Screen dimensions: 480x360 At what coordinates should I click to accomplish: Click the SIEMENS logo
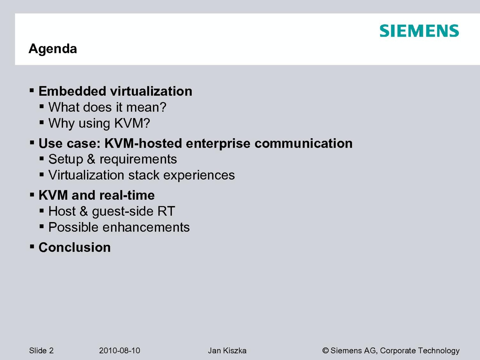(419, 31)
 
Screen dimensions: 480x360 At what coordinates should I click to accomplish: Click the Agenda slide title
(53, 49)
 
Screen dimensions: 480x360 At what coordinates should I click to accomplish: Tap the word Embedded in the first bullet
(72, 91)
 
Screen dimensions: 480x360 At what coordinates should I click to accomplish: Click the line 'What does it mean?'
(107, 107)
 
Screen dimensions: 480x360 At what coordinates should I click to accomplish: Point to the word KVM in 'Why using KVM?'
(129, 123)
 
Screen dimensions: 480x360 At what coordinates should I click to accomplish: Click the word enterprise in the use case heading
(218, 144)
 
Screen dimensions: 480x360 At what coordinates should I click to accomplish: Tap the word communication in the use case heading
(304, 143)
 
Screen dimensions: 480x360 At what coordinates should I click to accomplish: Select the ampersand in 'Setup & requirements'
(91, 159)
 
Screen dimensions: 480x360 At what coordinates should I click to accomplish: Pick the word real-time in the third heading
(124, 195)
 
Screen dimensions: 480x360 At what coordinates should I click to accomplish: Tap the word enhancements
(146, 227)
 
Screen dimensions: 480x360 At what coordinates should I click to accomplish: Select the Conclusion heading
(75, 247)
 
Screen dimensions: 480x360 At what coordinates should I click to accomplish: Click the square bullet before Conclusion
(32, 247)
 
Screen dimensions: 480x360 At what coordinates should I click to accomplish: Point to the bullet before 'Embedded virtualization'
(32, 90)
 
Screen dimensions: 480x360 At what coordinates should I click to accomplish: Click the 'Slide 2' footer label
(41, 351)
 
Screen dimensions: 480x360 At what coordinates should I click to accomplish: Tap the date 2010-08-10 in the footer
(119, 351)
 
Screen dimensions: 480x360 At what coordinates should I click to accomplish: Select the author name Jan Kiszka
(227, 351)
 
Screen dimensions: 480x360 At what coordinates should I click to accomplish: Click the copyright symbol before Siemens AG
(325, 351)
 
